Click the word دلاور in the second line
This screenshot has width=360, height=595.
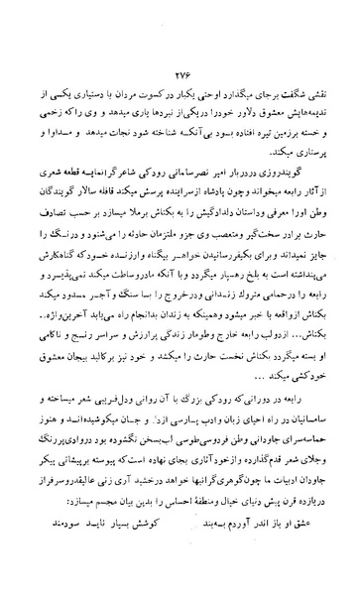(x=231, y=123)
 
